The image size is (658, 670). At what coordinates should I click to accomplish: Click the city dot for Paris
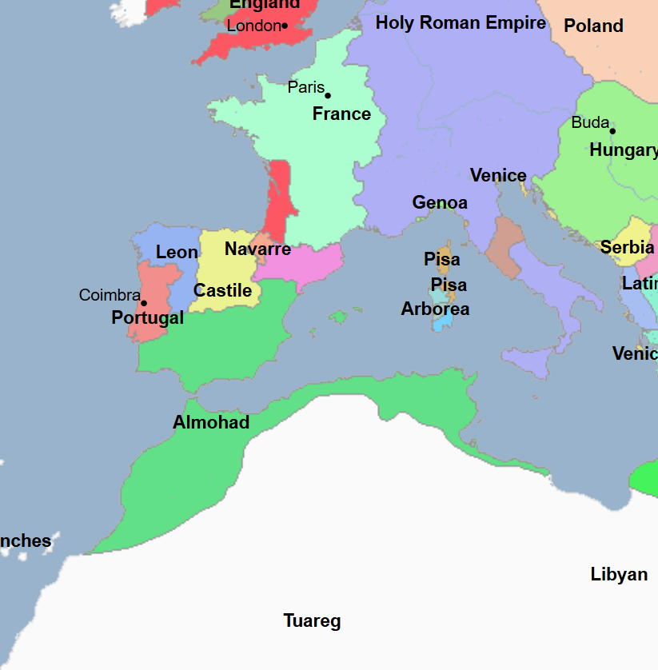[327, 96]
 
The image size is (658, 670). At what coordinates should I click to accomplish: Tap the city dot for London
[285, 26]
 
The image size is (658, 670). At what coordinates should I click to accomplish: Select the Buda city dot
[612, 131]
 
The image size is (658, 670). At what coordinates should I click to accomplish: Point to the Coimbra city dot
[144, 303]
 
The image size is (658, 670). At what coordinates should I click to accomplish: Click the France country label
[341, 114]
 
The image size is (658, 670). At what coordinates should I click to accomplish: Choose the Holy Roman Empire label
[461, 23]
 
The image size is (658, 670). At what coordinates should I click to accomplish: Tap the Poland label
[593, 26]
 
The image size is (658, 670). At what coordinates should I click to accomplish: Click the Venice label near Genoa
[498, 176]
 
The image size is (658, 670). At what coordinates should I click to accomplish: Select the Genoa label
[440, 203]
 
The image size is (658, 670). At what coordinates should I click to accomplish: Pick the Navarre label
[257, 249]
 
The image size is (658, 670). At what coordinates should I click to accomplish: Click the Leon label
[177, 253]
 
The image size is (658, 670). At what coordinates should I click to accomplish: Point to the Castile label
[222, 290]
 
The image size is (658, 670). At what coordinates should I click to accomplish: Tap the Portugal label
[147, 318]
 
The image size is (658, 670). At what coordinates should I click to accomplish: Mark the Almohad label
[211, 423]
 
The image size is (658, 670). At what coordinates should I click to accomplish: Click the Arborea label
[435, 309]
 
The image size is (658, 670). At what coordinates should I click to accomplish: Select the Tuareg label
[312, 621]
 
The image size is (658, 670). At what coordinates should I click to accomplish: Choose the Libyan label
[619, 575]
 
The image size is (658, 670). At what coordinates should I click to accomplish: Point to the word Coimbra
[110, 296]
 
